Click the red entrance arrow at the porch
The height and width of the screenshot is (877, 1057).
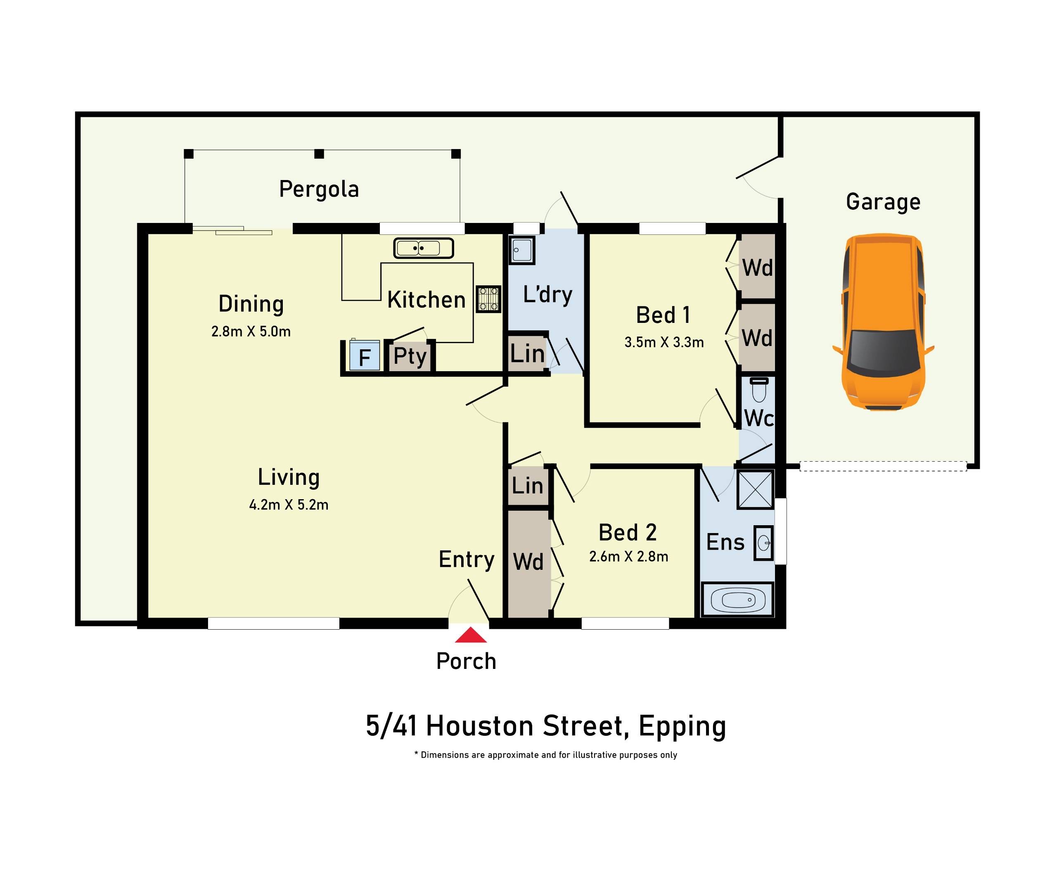471,635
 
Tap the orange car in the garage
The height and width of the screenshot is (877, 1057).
883,322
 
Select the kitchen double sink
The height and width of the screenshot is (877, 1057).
423,248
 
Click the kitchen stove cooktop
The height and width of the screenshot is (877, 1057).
488,299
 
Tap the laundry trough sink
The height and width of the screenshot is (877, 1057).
521,250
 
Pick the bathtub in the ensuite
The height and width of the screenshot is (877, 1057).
738,600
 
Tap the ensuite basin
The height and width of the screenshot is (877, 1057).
763,543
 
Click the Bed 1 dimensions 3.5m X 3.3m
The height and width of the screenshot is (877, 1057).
664,342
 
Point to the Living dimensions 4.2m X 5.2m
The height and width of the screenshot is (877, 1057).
289,505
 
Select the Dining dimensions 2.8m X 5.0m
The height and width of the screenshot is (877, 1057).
251,331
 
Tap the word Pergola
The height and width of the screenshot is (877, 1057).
319,189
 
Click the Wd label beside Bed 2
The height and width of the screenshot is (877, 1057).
528,562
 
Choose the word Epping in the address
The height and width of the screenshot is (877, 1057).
682,726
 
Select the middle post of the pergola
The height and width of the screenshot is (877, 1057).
319,154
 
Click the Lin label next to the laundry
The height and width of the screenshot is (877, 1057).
527,354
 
